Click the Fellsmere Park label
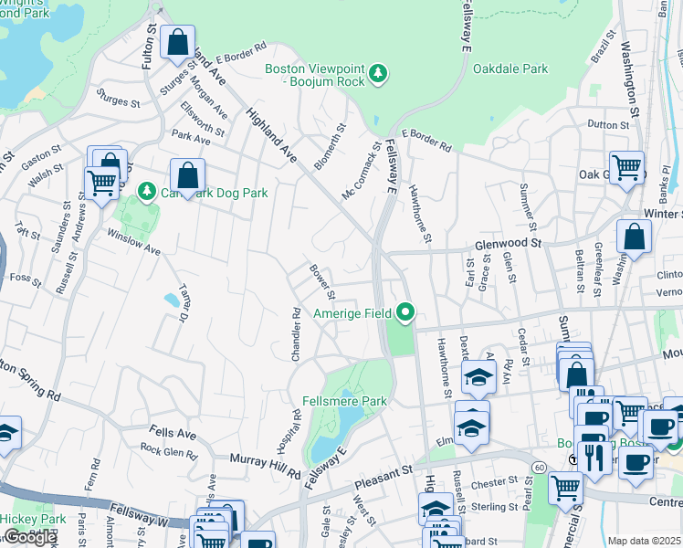click(x=344, y=401)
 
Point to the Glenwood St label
click(x=509, y=244)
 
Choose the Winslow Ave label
click(x=133, y=243)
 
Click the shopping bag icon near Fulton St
click(x=178, y=42)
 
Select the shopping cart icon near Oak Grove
click(x=627, y=167)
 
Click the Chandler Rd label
click(x=296, y=334)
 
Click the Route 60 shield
click(x=541, y=468)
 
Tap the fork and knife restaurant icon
click(x=594, y=455)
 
